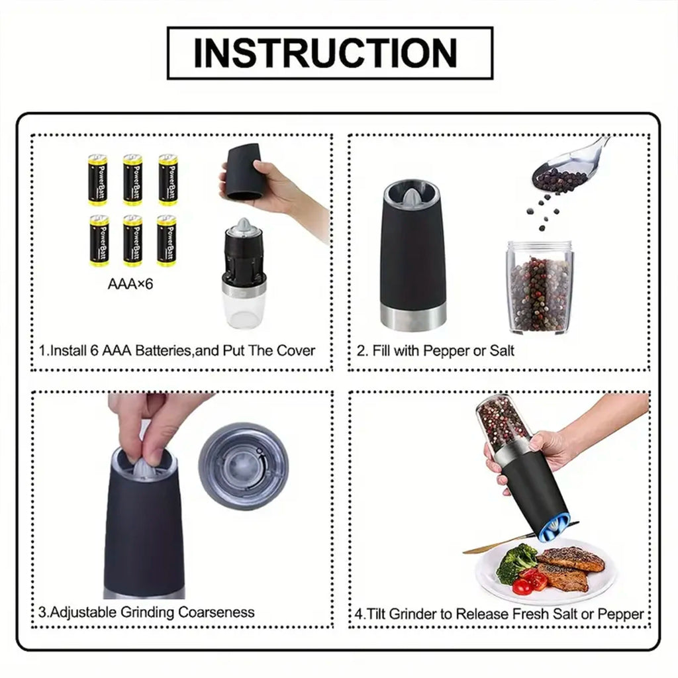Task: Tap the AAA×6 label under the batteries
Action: (130, 285)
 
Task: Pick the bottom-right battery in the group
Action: (168, 240)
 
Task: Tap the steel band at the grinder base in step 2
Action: (413, 316)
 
